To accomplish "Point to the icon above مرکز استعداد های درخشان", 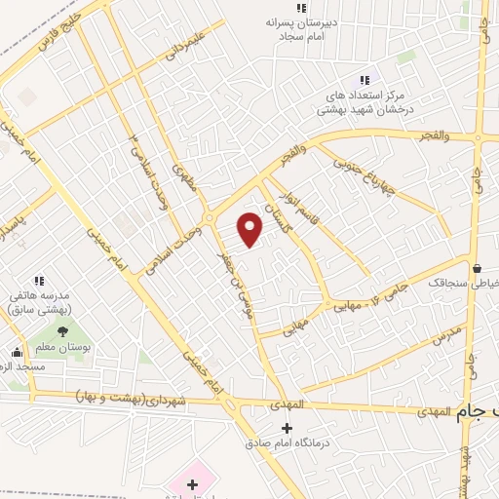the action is [x=365, y=80].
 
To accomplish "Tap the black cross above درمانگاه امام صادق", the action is [x=287, y=428].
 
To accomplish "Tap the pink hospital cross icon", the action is [x=192, y=483].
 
